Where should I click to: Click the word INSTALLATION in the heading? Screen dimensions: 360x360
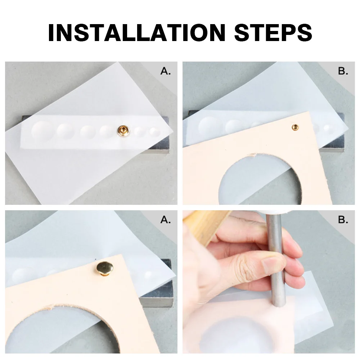point(137,32)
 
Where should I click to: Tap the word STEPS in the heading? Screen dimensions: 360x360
point(273,32)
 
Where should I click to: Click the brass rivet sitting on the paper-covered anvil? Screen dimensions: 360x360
point(123,130)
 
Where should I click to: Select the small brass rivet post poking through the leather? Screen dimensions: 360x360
point(295,127)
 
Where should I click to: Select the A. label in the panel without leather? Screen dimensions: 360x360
point(166,71)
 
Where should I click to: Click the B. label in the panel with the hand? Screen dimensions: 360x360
point(343,220)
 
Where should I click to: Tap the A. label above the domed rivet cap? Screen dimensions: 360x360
point(166,220)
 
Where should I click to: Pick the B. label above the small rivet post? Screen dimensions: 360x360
point(343,71)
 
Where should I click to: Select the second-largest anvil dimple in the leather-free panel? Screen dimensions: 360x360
point(66,131)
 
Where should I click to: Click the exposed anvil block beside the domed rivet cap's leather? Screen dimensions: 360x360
point(158,292)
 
